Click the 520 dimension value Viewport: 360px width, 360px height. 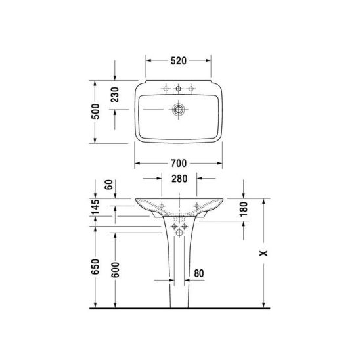[x=179, y=61]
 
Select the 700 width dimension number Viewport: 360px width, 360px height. [x=179, y=163]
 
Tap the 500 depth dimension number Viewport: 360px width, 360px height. [x=95, y=112]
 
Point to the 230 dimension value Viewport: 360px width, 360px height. [x=115, y=95]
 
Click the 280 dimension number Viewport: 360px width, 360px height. [x=179, y=179]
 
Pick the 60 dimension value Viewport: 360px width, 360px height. [x=109, y=185]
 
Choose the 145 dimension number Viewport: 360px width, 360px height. [x=95, y=207]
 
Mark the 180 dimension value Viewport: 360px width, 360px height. [x=244, y=209]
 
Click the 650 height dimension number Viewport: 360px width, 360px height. [x=95, y=267]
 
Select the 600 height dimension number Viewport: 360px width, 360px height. [x=115, y=270]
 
